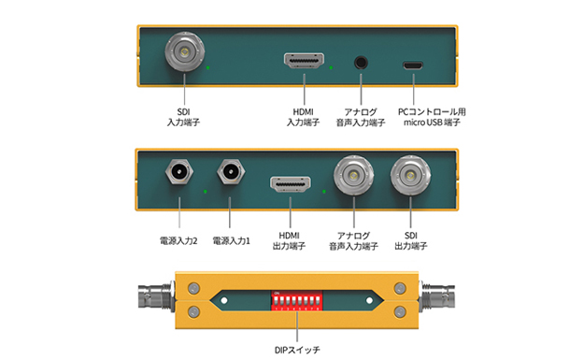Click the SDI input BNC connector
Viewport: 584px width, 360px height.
click(185, 51)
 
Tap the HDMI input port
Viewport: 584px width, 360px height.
click(304, 61)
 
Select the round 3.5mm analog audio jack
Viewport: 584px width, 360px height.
click(361, 63)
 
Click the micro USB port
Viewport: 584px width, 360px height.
click(413, 65)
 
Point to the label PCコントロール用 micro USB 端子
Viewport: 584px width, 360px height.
click(432, 117)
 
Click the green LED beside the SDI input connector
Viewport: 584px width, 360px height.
click(207, 67)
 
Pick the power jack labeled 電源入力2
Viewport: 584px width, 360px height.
click(179, 172)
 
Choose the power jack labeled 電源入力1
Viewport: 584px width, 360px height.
click(231, 172)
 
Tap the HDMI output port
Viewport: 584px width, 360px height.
click(291, 184)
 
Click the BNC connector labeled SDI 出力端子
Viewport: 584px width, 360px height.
click(410, 175)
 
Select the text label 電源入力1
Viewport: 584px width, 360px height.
click(232, 240)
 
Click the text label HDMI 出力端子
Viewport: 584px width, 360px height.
click(289, 240)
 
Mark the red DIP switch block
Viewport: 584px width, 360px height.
click(296, 301)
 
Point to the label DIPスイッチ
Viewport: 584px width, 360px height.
click(297, 350)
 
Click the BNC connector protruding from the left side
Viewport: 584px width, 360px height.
click(156, 296)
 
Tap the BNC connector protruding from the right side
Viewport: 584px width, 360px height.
click(437, 296)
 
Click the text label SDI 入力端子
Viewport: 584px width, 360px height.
click(183, 117)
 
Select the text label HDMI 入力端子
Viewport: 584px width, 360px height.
click(303, 117)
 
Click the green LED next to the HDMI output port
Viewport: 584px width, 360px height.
click(324, 191)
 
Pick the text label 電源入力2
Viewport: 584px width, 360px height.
click(178, 240)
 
